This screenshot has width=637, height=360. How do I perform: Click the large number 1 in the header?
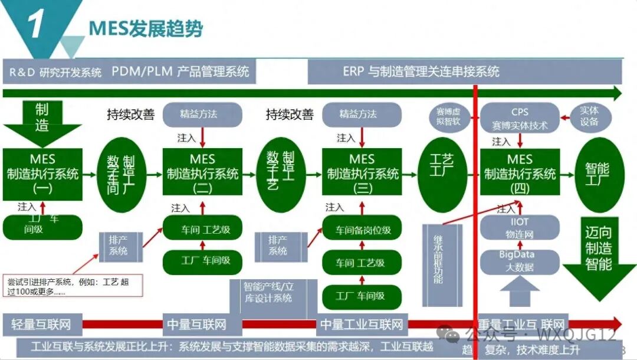click(x=37, y=25)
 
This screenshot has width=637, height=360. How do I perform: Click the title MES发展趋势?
click(x=145, y=28)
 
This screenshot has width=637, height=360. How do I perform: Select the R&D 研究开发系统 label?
click(x=55, y=73)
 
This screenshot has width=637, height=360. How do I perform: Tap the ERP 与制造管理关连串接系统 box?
click(x=421, y=71)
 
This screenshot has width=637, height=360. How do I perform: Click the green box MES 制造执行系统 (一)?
click(x=42, y=174)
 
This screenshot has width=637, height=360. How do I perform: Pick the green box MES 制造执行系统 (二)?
click(x=202, y=174)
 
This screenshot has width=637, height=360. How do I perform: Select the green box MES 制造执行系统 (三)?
click(x=362, y=174)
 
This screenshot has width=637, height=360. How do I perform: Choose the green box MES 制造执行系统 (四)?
click(x=520, y=174)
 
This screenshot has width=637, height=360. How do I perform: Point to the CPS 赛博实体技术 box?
click(x=520, y=118)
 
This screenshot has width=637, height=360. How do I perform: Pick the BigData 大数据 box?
click(x=520, y=261)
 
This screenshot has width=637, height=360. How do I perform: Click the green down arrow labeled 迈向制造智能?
click(x=598, y=248)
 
